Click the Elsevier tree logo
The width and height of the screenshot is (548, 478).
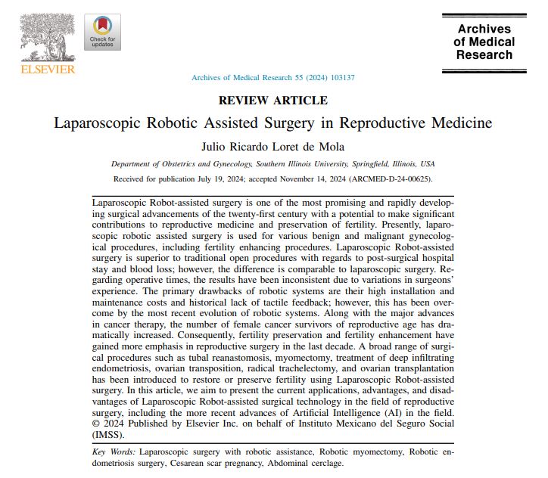click(x=47, y=37)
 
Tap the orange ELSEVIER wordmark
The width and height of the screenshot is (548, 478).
click(x=47, y=70)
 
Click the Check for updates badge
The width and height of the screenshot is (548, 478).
click(x=101, y=33)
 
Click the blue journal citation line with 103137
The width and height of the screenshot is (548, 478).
click(x=273, y=78)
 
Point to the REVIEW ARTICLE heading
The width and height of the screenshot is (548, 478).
click(x=273, y=100)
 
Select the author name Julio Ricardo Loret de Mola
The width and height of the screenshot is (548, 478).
click(x=273, y=145)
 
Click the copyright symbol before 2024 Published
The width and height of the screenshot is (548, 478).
click(x=95, y=424)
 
